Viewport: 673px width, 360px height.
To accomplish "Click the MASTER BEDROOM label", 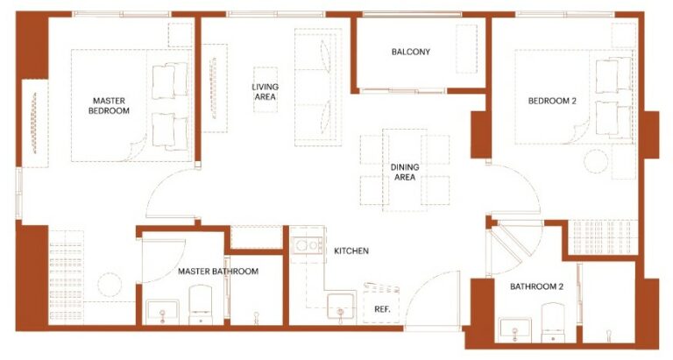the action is click(109, 106).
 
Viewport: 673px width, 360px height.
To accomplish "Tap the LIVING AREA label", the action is click(265, 92).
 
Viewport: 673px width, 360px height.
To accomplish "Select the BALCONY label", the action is click(410, 52).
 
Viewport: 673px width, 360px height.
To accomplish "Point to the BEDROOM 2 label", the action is click(552, 102).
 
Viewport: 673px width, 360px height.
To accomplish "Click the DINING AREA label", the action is click(405, 172).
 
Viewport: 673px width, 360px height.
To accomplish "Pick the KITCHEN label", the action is click(351, 251).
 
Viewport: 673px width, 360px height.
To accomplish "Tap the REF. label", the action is click(382, 309).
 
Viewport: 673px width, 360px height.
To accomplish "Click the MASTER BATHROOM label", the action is click(218, 272).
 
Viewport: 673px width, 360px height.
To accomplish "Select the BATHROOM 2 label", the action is click(536, 286).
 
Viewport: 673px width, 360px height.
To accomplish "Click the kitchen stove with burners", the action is click(308, 245).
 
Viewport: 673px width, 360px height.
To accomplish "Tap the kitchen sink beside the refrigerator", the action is click(341, 307).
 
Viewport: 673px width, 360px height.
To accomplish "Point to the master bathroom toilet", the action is click(201, 305).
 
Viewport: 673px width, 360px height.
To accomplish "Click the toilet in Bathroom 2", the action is click(553, 322).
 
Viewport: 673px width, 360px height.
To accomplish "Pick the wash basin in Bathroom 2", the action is click(515, 329).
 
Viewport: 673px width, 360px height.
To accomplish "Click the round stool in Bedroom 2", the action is click(596, 161).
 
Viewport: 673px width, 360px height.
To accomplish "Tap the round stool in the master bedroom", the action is click(110, 285).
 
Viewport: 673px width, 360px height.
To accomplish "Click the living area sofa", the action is click(318, 88).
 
